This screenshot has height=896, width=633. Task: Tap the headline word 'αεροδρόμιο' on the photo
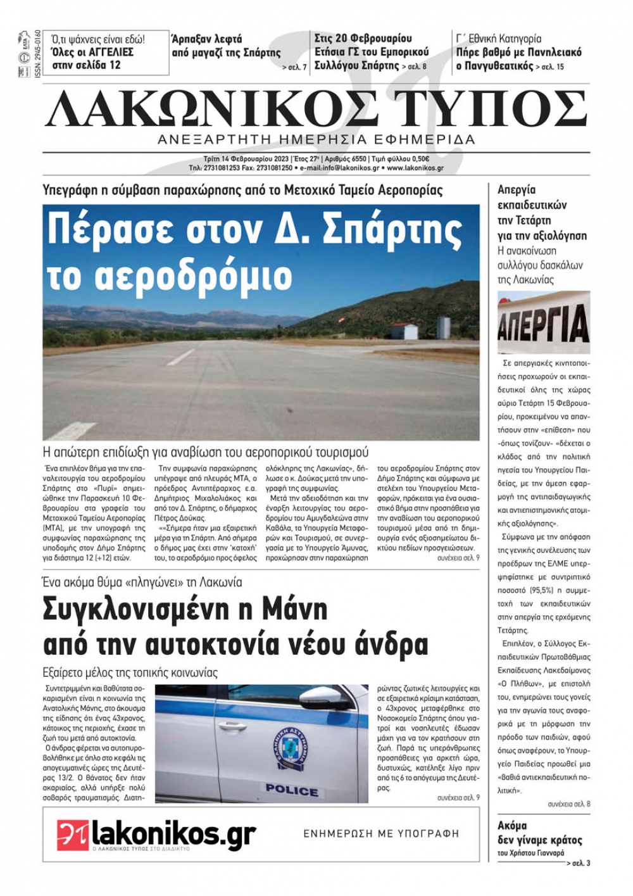pyautogui.click(x=170, y=275)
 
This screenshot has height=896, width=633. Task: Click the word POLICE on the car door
pyautogui.click(x=292, y=790)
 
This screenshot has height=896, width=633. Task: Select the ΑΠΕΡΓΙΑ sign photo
pyautogui.click(x=543, y=322)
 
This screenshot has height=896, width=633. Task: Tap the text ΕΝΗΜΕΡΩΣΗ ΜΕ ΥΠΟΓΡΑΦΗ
pyautogui.click(x=381, y=833)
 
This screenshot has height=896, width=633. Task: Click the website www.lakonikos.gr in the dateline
pyautogui.click(x=415, y=168)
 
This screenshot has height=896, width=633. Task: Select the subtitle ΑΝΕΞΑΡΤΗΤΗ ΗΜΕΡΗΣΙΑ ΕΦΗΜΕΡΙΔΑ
pyautogui.click(x=316, y=139)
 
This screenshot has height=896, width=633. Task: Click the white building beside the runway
pyautogui.click(x=404, y=331)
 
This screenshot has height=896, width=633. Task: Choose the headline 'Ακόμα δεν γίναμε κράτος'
pyautogui.click(x=539, y=833)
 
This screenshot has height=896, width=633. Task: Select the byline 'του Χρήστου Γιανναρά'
pyautogui.click(x=530, y=853)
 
